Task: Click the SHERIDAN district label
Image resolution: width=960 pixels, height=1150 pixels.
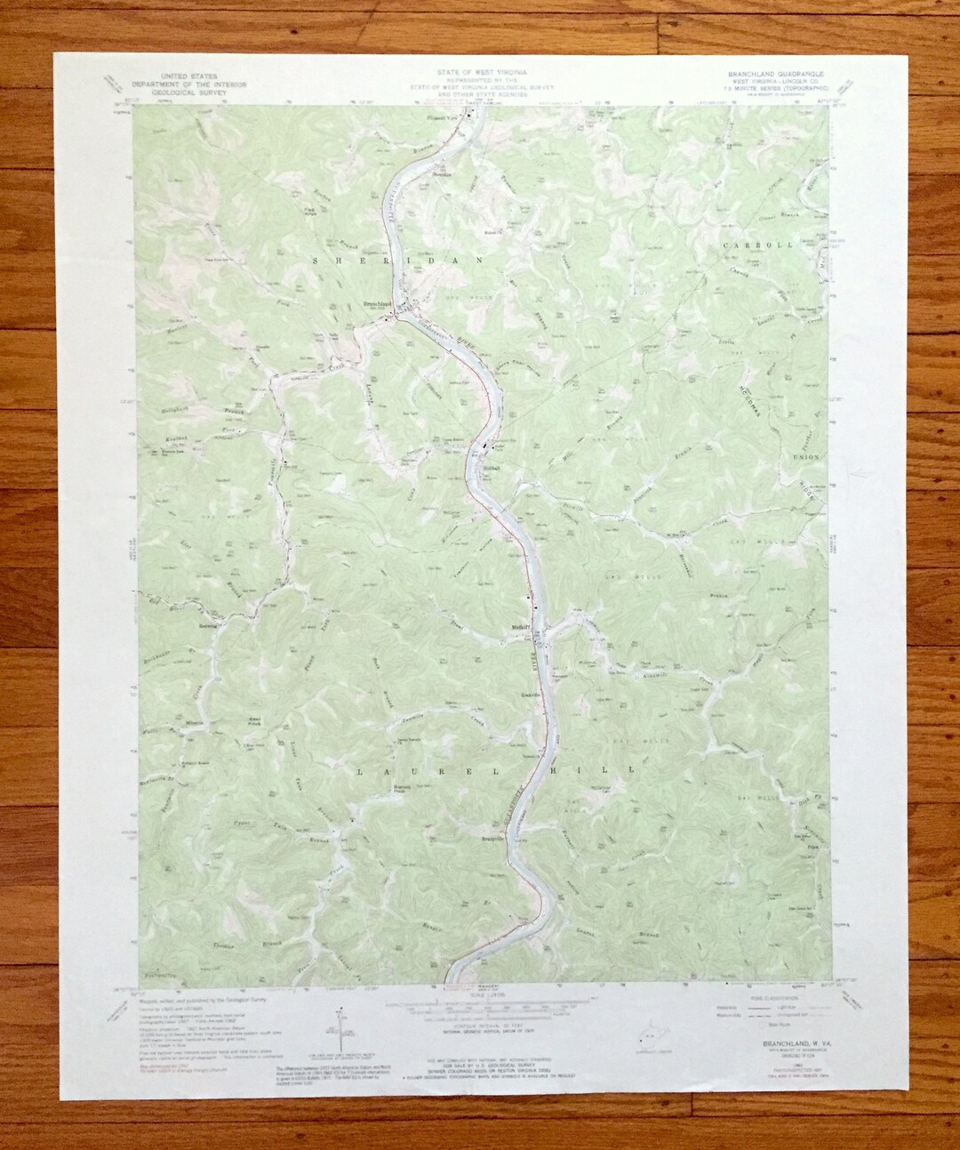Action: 396,260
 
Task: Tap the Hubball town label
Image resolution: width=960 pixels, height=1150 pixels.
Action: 493,468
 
